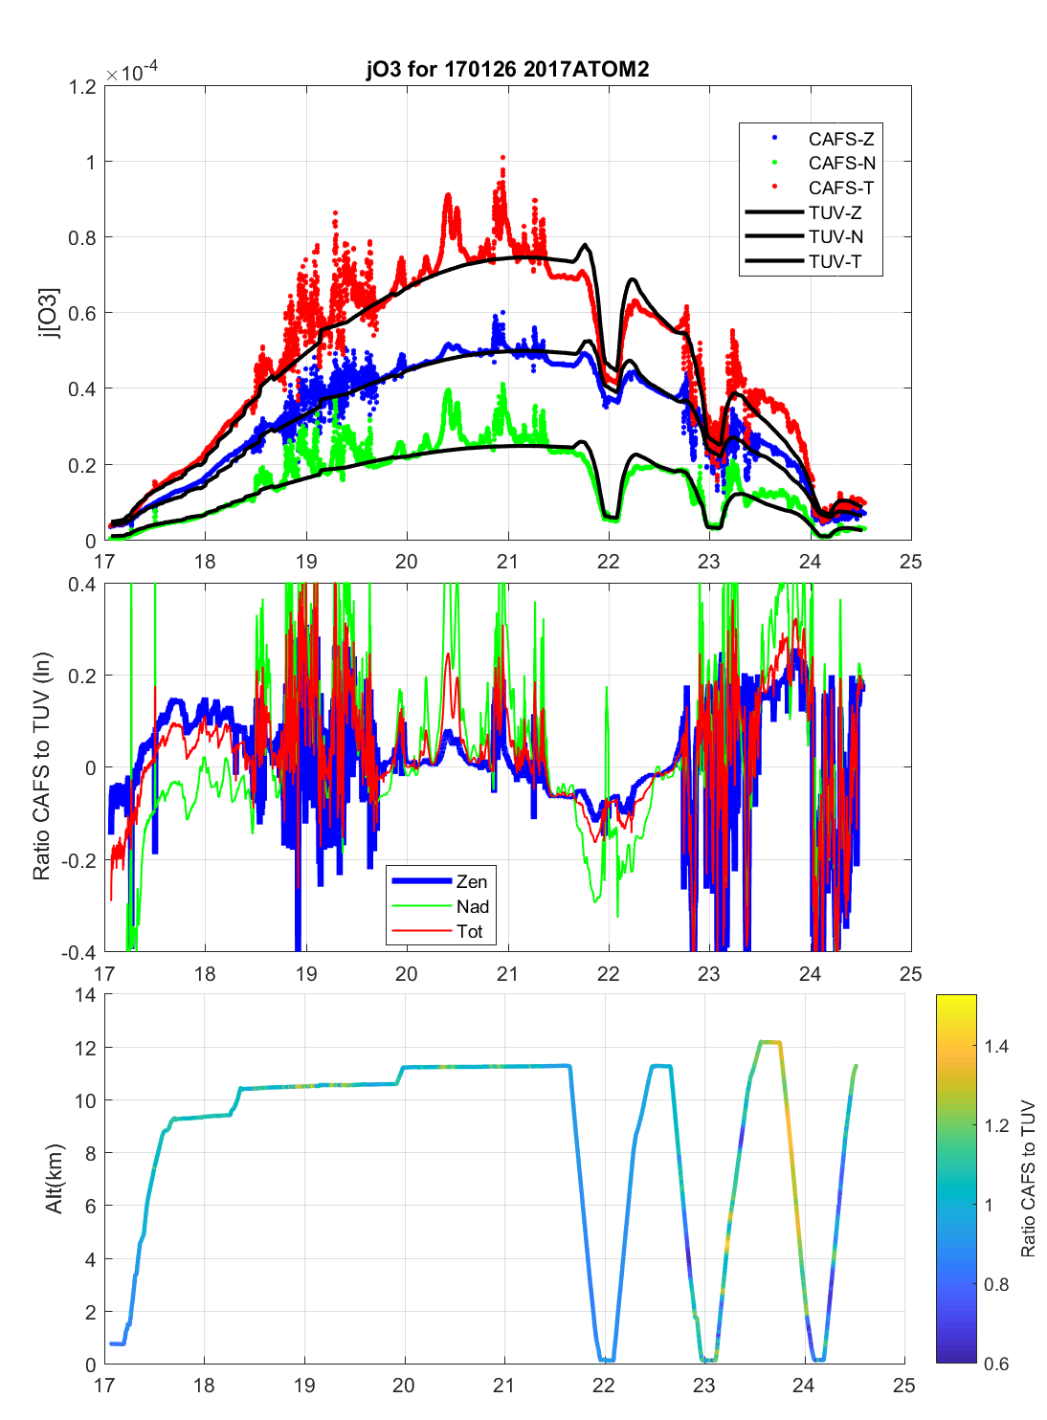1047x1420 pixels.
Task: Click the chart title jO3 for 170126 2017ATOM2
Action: click(507, 69)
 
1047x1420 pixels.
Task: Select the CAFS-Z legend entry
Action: click(840, 139)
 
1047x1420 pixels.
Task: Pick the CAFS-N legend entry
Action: click(841, 164)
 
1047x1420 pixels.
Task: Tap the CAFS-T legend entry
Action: click(840, 189)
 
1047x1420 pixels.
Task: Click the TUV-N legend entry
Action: click(835, 237)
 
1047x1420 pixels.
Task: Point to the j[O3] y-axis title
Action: click(49, 313)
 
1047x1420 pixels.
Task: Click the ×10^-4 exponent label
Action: click(132, 73)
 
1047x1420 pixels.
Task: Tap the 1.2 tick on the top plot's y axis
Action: click(83, 87)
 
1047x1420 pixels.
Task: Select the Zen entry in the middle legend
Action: click(471, 881)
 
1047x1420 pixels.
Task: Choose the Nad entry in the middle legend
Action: click(472, 906)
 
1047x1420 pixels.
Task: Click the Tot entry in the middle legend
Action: click(469, 931)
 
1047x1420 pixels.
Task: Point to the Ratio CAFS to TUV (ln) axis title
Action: click(41, 766)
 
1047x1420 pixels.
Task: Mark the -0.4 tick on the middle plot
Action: click(79, 953)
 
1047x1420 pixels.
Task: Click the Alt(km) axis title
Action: click(54, 1179)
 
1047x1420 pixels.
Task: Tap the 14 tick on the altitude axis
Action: click(86, 995)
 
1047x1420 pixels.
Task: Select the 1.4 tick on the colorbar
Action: click(996, 1047)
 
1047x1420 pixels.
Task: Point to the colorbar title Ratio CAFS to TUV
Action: click(1029, 1179)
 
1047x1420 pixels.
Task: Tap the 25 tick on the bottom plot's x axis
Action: click(903, 1385)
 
